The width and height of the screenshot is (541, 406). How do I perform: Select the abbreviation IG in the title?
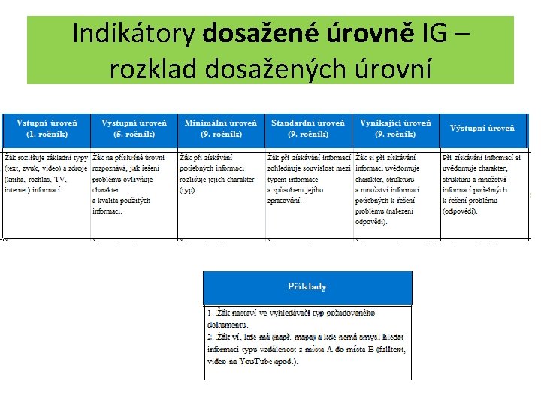tap(434, 34)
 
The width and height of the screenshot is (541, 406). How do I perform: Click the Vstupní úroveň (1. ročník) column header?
tap(47, 129)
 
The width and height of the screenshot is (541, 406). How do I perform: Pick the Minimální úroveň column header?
tap(221, 129)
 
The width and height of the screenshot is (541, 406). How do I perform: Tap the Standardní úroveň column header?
tap(308, 129)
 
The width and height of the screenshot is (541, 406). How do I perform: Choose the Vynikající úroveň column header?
tap(396, 129)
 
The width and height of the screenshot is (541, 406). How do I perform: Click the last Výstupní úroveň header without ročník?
tap(482, 129)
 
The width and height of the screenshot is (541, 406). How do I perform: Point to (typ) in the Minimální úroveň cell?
tap(188, 190)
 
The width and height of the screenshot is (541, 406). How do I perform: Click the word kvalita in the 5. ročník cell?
tap(108, 201)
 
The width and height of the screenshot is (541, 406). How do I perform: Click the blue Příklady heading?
tap(307, 286)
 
